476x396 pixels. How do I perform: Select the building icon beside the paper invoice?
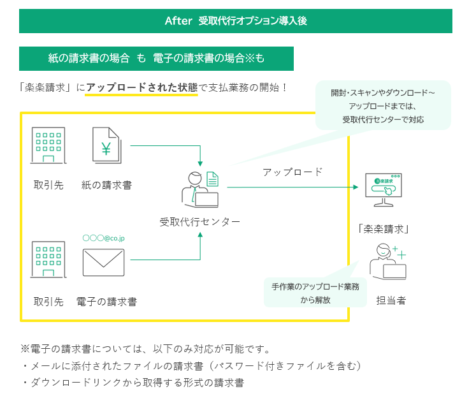(48, 146)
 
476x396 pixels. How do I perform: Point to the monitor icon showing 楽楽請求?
(382, 189)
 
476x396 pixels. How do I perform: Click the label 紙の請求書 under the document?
(106, 185)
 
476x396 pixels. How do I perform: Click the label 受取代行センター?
(200, 222)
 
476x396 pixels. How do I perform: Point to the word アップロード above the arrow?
(292, 172)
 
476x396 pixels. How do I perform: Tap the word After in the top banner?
(178, 20)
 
